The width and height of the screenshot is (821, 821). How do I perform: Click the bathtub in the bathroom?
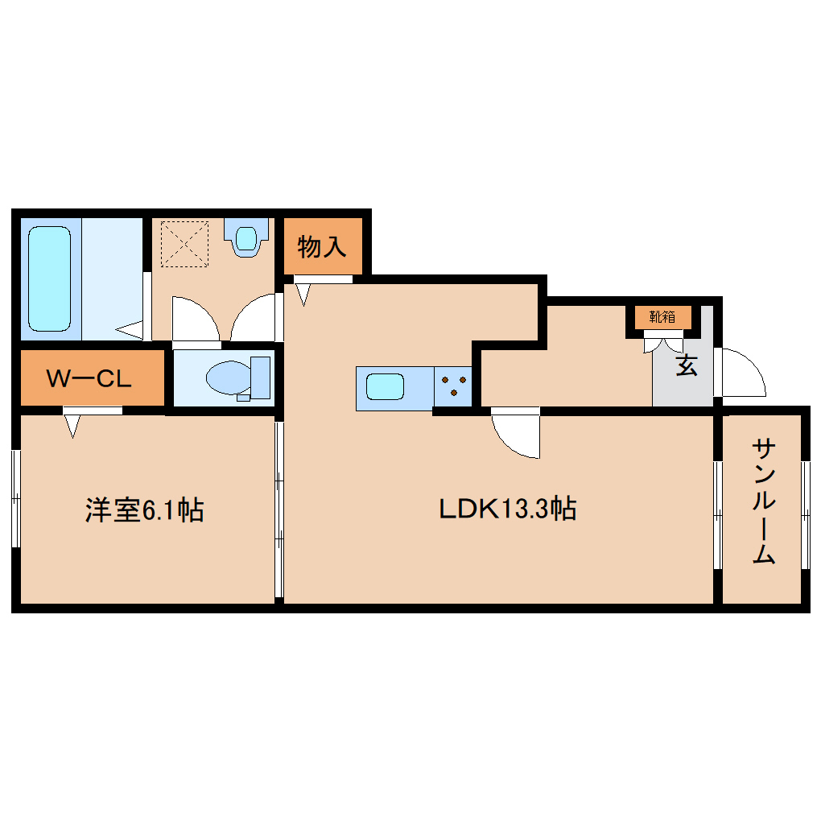pos(50,278)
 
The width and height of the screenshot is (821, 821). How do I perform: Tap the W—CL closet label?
pos(89,378)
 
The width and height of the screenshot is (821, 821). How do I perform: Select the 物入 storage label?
pos(322,247)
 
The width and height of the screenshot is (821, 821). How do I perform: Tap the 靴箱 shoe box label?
pos(663,317)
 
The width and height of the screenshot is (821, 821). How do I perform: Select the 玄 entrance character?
pos(686,365)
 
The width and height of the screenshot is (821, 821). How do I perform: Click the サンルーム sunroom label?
pos(764,500)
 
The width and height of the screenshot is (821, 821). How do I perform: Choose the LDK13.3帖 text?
pos(507,509)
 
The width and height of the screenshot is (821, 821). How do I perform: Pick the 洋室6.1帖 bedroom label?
pos(145,510)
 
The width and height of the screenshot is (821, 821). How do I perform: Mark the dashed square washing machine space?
pos(184,242)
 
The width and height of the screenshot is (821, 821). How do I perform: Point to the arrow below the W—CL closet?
pos(72,424)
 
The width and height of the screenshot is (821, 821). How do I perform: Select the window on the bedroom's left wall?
pos(15,499)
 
